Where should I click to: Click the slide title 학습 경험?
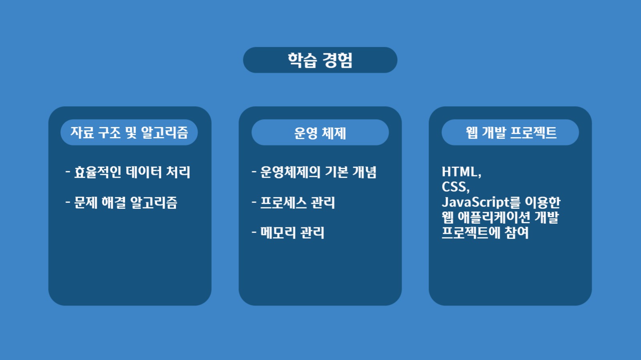(320, 60)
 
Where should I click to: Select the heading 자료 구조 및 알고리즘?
(129, 132)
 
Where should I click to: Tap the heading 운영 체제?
(320, 133)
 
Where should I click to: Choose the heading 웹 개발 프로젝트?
(511, 132)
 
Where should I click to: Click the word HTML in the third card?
(459, 172)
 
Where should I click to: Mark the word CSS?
(454, 187)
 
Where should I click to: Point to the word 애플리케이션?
(494, 217)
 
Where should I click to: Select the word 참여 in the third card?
(517, 233)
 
